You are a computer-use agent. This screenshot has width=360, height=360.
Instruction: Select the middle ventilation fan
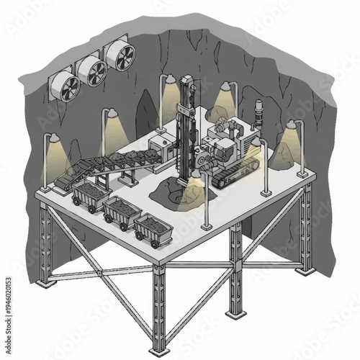92,70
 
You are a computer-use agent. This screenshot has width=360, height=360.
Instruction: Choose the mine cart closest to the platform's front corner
152,229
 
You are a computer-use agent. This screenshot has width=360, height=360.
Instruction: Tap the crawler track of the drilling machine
232,173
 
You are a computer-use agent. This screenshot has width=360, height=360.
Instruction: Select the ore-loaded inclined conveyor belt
108,162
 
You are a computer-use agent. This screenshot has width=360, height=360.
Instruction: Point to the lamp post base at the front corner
207,226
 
